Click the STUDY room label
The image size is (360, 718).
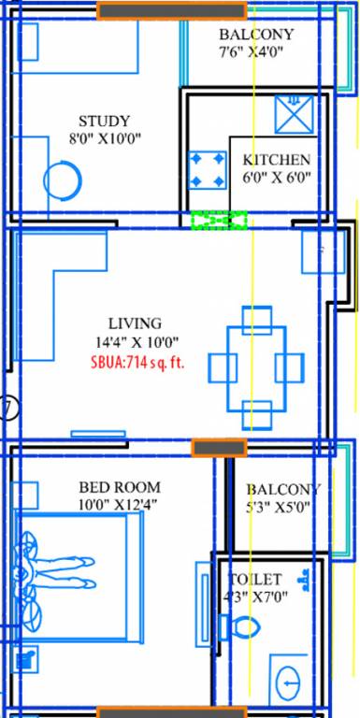click(x=104, y=122)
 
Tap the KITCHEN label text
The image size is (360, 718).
click(x=276, y=160)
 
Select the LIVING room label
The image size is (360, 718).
click(x=135, y=323)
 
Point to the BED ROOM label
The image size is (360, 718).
click(x=119, y=487)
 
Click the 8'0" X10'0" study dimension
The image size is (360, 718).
click(x=104, y=139)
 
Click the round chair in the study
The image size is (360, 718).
click(x=63, y=178)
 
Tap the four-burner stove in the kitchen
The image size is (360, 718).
click(x=207, y=170)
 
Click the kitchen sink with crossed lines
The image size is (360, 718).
click(x=293, y=113)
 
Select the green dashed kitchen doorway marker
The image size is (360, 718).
click(x=219, y=221)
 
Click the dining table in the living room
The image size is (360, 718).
click(x=256, y=366)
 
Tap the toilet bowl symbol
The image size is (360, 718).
click(x=240, y=627)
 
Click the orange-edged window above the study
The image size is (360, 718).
click(x=171, y=11)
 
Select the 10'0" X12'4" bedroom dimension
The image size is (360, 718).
click(x=119, y=506)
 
